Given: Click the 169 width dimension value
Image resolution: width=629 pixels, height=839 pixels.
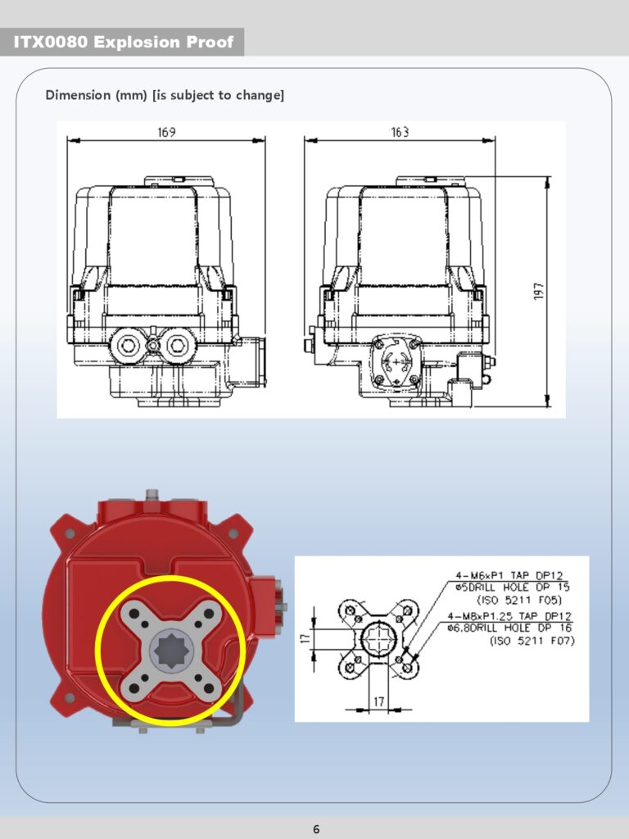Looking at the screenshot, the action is coord(166,132).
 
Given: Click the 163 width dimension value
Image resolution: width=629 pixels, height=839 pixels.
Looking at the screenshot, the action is coord(400,132).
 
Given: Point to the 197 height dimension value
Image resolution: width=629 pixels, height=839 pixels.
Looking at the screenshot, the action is coord(539,291).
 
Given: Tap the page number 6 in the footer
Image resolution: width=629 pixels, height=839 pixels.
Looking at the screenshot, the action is coord(316,829).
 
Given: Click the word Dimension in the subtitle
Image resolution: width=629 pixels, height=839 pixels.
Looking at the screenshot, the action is coord(78,95).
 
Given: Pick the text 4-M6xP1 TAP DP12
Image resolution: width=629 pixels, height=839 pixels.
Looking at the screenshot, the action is coord(509,576).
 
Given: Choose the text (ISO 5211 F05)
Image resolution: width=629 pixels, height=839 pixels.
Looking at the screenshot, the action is coord(519,600).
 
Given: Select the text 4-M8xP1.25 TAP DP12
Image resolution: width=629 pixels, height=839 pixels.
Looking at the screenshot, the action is coord(509,616).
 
